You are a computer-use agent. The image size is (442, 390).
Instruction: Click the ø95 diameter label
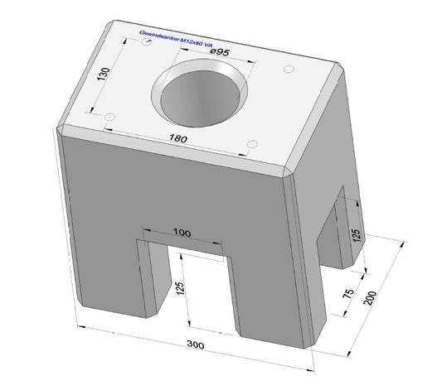[221, 52]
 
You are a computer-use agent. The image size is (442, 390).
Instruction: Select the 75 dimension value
[348, 293]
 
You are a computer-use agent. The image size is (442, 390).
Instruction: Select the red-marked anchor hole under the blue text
[147, 47]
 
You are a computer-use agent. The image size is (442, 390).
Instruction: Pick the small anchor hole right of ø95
[289, 70]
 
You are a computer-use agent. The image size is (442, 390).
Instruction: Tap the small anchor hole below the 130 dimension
[108, 119]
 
